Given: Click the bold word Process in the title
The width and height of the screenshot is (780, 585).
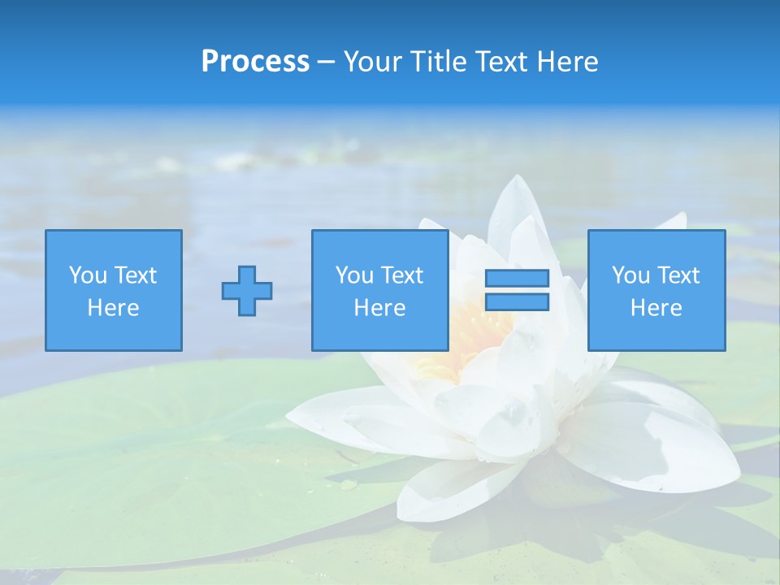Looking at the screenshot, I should pyautogui.click(x=255, y=62).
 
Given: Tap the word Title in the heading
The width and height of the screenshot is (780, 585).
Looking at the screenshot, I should pyautogui.click(x=439, y=62).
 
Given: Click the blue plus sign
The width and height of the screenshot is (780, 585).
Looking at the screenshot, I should pyautogui.click(x=247, y=291).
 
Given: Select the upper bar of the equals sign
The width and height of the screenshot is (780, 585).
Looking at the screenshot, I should pyautogui.click(x=517, y=279).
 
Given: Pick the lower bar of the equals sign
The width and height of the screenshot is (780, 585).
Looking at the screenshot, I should pyautogui.click(x=517, y=301).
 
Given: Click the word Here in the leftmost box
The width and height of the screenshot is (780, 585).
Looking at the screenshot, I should pyautogui.click(x=114, y=308).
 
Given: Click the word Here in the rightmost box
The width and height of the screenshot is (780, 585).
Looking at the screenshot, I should pyautogui.click(x=656, y=308).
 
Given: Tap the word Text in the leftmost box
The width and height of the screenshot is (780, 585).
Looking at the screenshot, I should pyautogui.click(x=136, y=275).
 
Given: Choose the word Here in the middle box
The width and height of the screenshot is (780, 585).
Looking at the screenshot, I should pyautogui.click(x=380, y=308).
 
